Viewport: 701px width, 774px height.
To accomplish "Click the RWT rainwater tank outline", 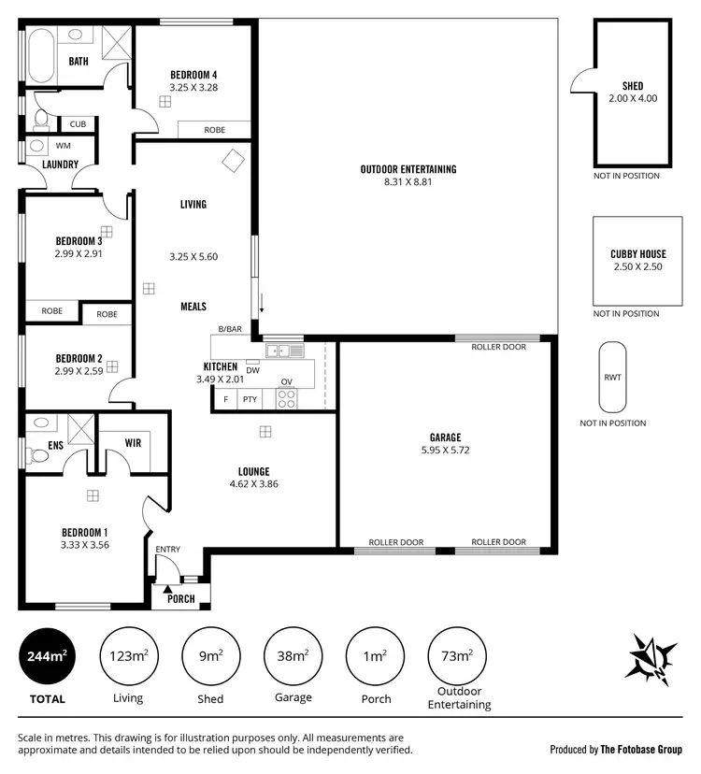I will pos(612,377).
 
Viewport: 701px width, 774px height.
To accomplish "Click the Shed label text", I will pos(633,86).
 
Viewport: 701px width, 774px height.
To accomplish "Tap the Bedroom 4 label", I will pos(193,75).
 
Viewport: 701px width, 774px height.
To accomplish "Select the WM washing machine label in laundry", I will pos(63,146).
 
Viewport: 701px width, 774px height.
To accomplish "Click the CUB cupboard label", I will pos(77,123).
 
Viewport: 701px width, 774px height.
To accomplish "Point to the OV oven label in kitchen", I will pos(287,381).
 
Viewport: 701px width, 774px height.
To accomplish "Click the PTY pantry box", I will pos(250,399).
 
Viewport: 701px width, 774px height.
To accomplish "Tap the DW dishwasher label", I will pos(252,370).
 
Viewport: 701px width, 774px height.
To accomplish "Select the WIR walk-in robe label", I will pos(133,443).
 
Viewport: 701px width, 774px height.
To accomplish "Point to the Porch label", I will pos(181,598).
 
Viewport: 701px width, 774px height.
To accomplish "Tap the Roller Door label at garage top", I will pos(499,347).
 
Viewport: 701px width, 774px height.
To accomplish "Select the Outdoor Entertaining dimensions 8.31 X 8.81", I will pos(408,182).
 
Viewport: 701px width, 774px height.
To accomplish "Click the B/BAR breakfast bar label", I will pos(230,329).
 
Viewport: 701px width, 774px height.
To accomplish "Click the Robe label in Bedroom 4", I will pos(214,130).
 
